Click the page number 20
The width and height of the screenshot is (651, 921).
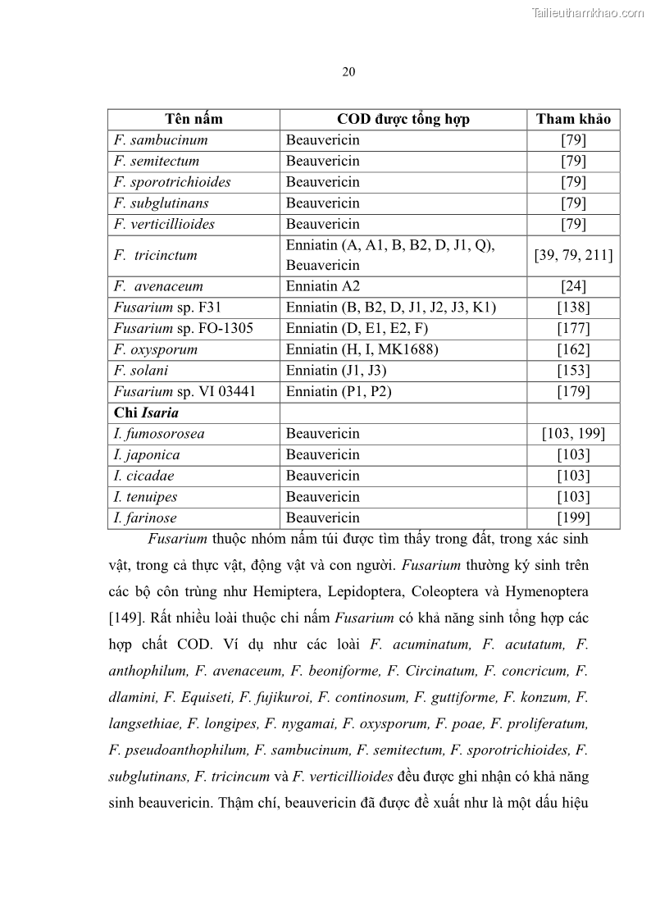pos(348,72)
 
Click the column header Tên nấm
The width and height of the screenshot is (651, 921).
pos(193,119)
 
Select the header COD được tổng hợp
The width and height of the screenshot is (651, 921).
pos(403,119)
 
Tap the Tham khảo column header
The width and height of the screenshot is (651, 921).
pos(573,119)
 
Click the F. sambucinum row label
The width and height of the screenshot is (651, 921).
pos(161,140)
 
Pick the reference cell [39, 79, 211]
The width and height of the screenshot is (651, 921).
pos(573,255)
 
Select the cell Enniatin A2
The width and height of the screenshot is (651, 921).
pos(323,286)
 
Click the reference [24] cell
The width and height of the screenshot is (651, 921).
pos(573,286)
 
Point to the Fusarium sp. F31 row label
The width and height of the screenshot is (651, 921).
pos(167,308)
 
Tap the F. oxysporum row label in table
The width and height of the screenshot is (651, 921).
pos(156,349)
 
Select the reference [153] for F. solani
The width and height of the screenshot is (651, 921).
pos(573,371)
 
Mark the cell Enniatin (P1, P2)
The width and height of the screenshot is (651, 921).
pos(339,391)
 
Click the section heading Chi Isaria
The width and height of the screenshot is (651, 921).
pos(146,413)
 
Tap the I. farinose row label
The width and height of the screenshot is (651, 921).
pos(145,517)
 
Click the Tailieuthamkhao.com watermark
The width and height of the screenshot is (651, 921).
pos(588,12)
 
